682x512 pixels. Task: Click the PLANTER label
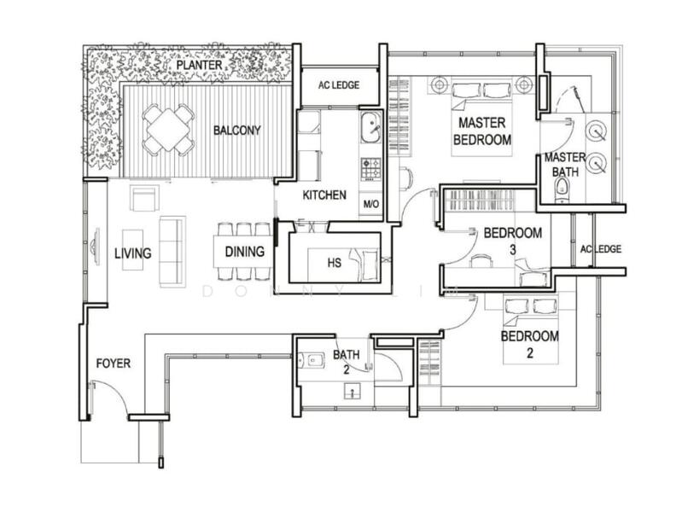click(201, 66)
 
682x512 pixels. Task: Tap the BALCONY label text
click(237, 131)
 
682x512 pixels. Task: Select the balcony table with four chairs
click(168, 129)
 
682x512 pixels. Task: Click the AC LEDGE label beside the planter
click(338, 85)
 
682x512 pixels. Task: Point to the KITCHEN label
click(324, 195)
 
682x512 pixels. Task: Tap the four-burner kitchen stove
click(370, 168)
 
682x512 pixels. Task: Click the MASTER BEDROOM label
click(482, 131)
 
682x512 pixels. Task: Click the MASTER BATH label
click(564, 165)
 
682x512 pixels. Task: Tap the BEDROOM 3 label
click(512, 240)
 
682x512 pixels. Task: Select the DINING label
click(244, 253)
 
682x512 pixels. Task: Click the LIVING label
click(133, 253)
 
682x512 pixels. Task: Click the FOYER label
click(113, 364)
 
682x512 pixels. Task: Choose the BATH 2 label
click(346, 362)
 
